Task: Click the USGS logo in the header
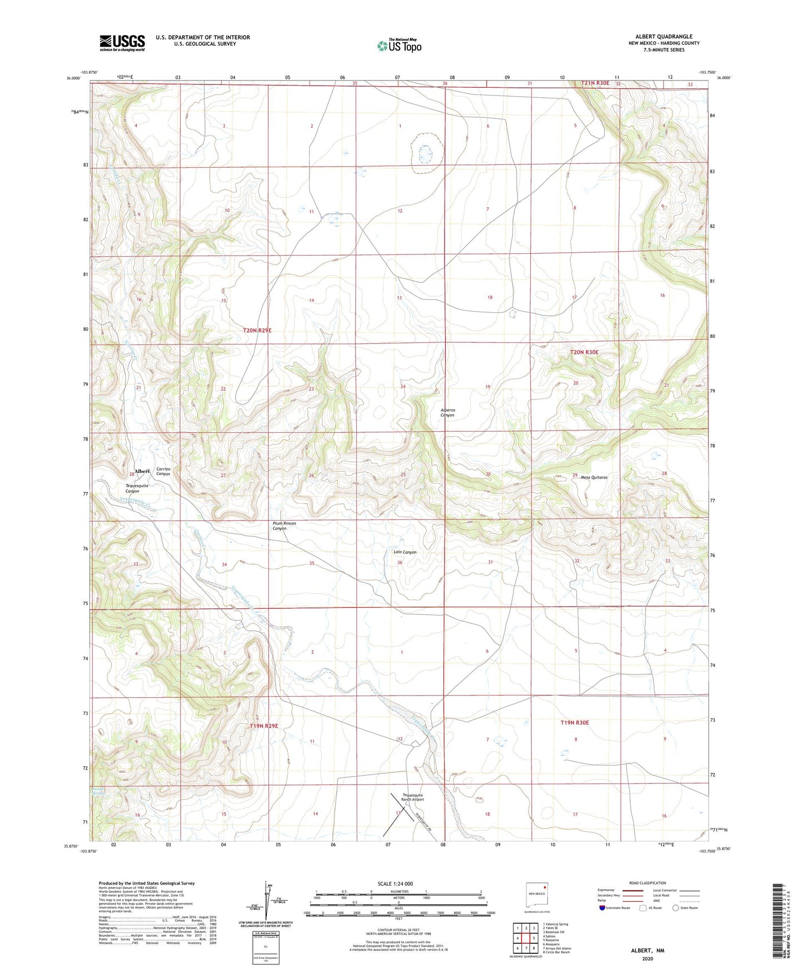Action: pos(122,43)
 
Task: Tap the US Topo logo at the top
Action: pos(398,45)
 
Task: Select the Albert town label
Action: pos(142,471)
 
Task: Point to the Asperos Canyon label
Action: pos(447,412)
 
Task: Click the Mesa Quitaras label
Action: pos(593,477)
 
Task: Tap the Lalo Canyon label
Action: pos(405,552)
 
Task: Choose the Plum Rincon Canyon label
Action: pos(284,526)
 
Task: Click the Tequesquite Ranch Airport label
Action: pos(413,797)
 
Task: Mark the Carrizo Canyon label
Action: pos(163,472)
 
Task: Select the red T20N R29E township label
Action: pos(257,331)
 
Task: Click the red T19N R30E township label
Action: pos(574,723)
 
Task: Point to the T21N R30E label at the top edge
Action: pos(595,83)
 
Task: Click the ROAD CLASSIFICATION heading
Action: pos(647,883)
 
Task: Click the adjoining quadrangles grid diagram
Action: pos(525,938)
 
